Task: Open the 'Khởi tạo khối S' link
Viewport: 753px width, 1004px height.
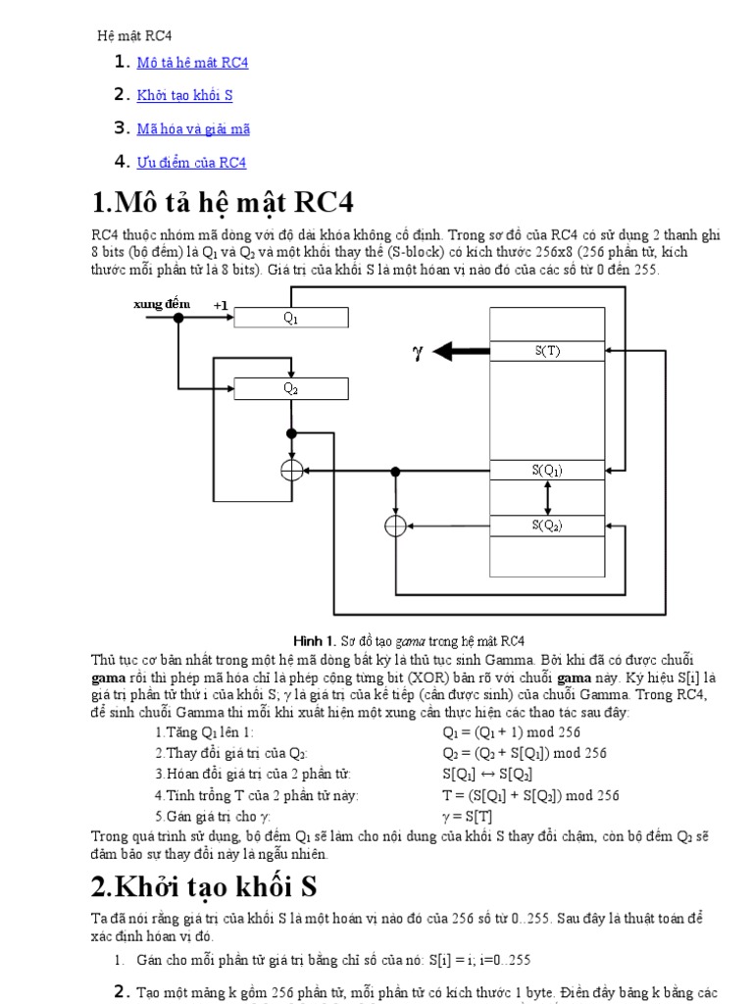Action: click(x=184, y=96)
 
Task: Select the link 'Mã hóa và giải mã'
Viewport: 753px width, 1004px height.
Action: click(x=193, y=128)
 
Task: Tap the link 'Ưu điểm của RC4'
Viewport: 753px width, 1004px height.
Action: click(x=191, y=162)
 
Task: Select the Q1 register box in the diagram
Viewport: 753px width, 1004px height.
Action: click(x=290, y=317)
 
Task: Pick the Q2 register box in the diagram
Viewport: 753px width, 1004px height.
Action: click(x=290, y=388)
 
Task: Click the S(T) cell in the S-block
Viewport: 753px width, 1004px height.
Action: click(x=546, y=351)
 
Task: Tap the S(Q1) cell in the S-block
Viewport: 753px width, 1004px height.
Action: click(x=546, y=471)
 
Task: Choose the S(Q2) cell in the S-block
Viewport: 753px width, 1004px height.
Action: click(x=546, y=526)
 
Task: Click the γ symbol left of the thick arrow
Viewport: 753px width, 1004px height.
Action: click(x=417, y=352)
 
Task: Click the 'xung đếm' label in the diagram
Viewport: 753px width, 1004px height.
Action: click(x=162, y=305)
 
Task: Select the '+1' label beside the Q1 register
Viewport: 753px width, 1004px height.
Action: click(x=221, y=306)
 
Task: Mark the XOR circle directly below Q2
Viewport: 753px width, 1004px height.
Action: click(x=291, y=472)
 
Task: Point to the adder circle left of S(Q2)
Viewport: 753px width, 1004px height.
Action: click(x=395, y=527)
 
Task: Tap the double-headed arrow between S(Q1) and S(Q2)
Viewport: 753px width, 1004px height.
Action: click(x=547, y=498)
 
